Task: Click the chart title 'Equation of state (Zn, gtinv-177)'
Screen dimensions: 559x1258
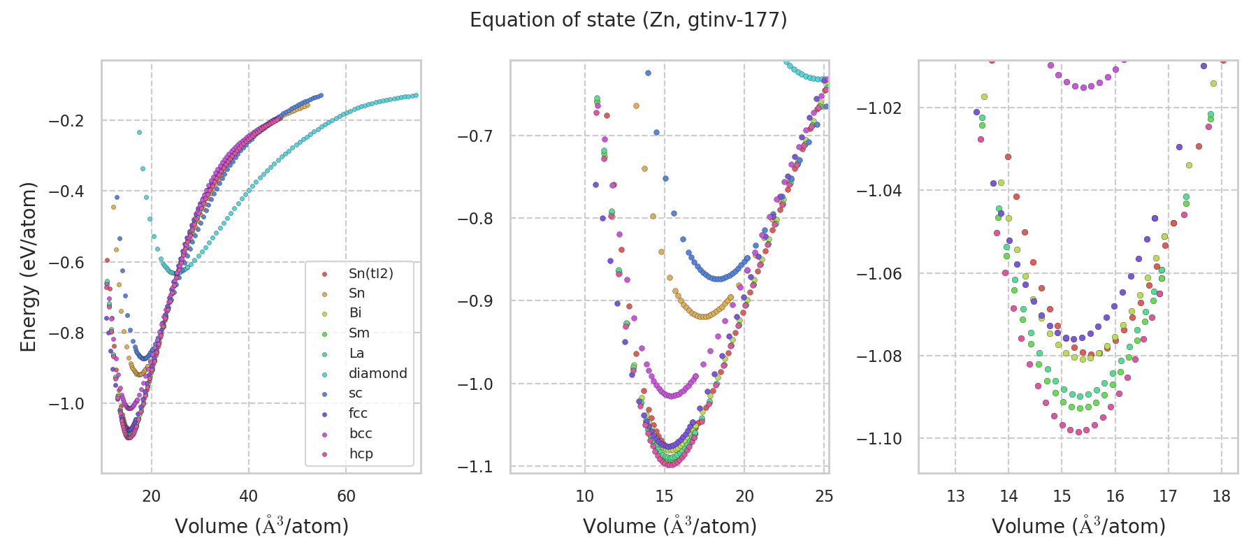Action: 628,20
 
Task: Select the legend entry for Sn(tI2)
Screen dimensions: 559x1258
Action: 370,273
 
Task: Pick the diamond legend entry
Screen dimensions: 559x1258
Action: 377,373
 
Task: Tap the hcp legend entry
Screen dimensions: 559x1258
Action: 361,453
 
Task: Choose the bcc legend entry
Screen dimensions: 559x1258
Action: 361,433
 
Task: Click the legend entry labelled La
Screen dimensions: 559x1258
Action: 356,353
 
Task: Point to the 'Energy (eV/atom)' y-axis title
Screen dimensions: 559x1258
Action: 29,267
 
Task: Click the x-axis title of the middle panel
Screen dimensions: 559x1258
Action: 670,526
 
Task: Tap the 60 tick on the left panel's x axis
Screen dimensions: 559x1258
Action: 346,496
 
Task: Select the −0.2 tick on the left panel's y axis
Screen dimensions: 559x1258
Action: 66,121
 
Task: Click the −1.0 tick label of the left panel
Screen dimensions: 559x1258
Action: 66,404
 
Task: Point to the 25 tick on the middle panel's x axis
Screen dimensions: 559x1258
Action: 824,496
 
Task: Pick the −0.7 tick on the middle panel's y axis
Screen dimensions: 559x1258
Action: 476,136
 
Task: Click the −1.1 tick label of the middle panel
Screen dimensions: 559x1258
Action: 476,466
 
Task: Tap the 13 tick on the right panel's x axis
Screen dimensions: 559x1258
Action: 955,496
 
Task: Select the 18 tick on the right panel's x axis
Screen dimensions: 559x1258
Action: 1221,496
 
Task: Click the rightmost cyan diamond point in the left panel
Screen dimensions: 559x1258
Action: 416,95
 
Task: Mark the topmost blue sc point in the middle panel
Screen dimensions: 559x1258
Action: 648,73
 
